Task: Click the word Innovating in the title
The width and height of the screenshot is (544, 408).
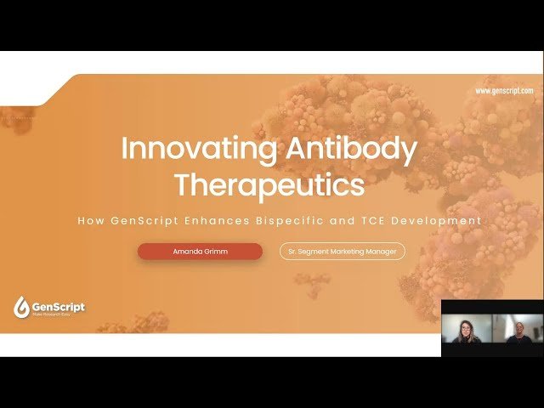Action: [x=198, y=149]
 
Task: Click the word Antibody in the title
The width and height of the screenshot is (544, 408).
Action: [x=350, y=149]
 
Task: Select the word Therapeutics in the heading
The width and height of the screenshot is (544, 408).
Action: [x=269, y=183]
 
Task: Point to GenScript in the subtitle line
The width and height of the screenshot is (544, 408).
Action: [x=145, y=220]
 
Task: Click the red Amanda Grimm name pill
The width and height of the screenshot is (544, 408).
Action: [x=200, y=251]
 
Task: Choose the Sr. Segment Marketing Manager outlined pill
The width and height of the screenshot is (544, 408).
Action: [x=343, y=251]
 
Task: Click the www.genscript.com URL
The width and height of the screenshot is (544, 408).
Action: [x=504, y=91]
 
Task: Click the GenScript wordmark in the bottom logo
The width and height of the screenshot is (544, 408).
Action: [x=59, y=305]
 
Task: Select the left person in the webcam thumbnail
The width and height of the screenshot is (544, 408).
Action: [x=467, y=331]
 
